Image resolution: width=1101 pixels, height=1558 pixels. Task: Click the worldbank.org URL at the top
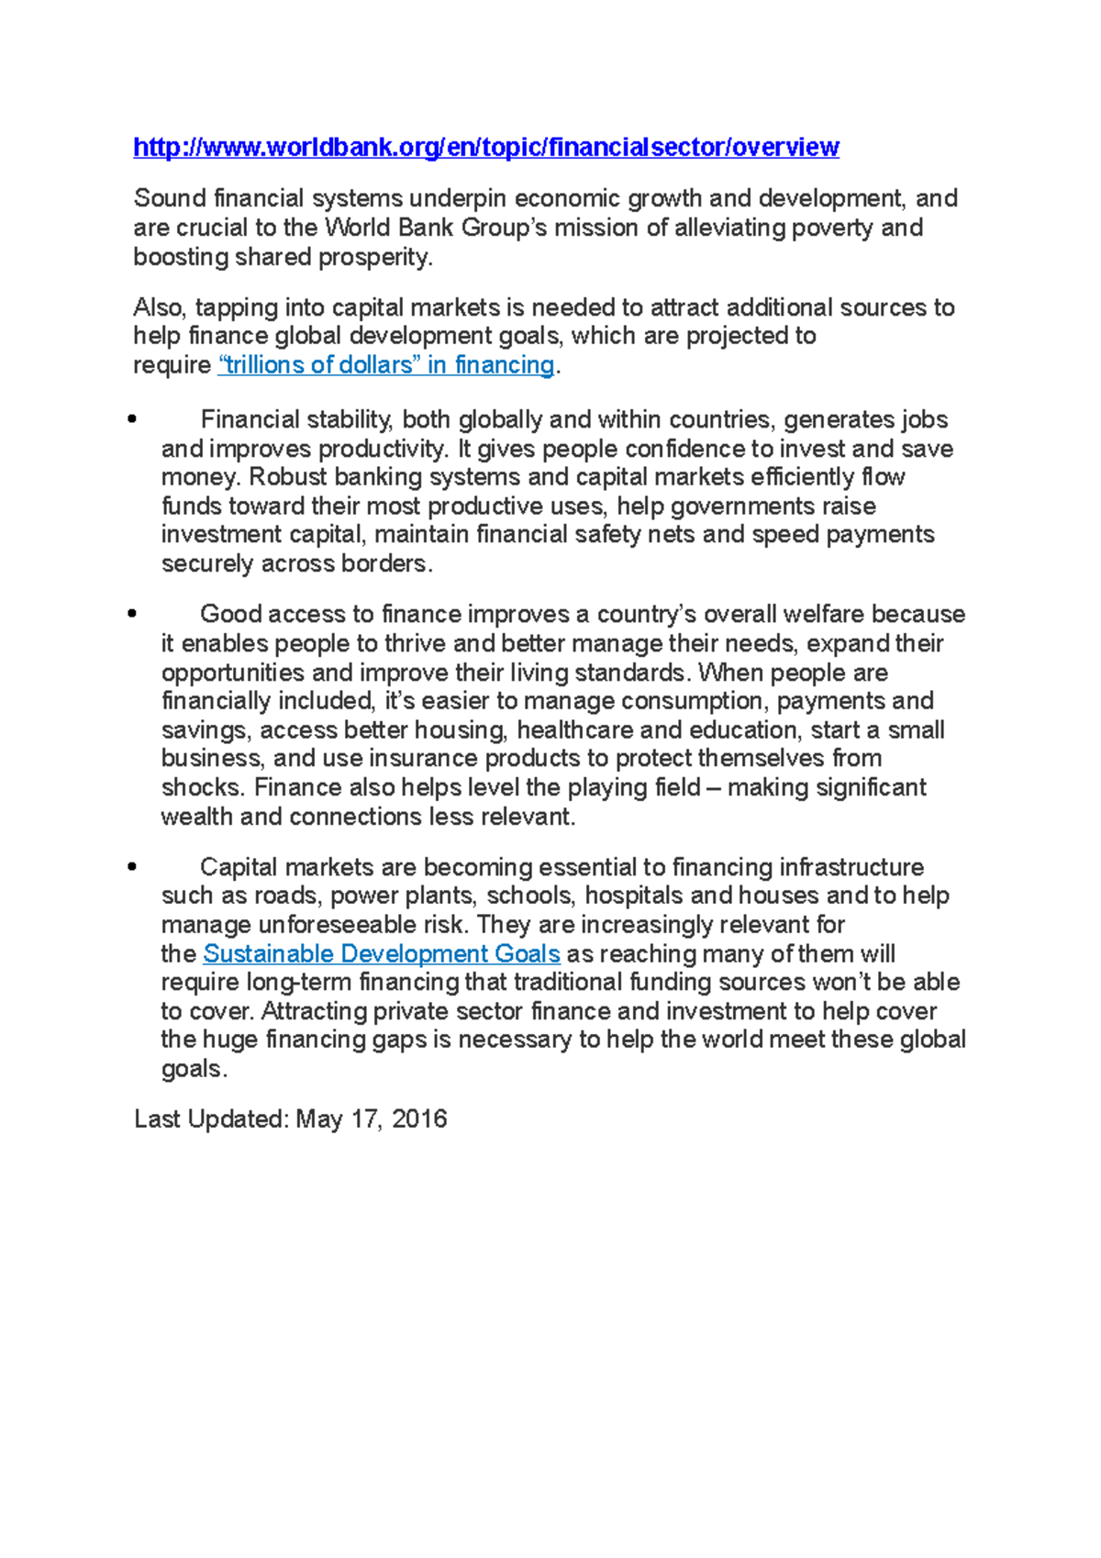[x=485, y=148]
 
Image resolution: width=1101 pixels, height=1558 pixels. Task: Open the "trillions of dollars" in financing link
[x=386, y=365]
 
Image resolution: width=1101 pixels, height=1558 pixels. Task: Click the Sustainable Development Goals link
[x=381, y=954]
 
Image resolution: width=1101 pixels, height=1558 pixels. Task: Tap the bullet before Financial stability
[x=134, y=420]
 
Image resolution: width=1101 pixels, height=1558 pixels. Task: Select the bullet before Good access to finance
[x=134, y=614]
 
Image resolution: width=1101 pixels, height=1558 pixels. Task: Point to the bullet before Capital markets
[x=134, y=867]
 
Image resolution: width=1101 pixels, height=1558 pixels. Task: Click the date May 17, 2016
[x=372, y=1119]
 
